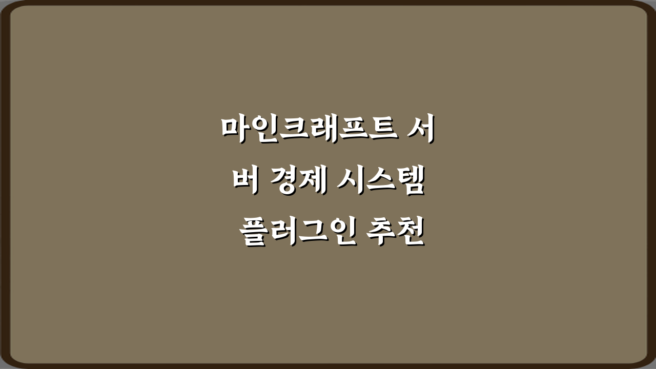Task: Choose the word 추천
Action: (396, 233)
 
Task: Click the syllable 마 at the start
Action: (234, 129)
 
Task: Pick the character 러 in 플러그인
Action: (282, 233)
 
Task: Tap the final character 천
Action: (411, 233)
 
